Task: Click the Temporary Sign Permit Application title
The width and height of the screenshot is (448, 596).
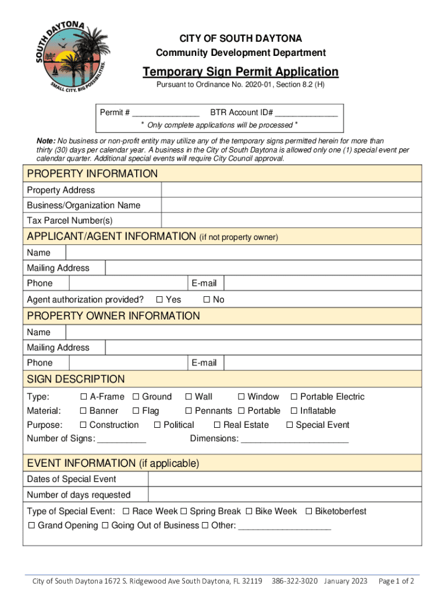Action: pyautogui.click(x=240, y=72)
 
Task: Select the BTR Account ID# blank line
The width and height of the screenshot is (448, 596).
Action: pyautogui.click(x=306, y=113)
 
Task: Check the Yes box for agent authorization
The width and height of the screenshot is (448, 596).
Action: pyautogui.click(x=159, y=300)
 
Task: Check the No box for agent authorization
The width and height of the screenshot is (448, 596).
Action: pyautogui.click(x=206, y=300)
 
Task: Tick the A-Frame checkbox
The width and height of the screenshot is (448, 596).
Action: pyautogui.click(x=83, y=397)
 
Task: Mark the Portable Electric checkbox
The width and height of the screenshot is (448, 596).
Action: pyautogui.click(x=294, y=397)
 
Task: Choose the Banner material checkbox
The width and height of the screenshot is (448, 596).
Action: pyautogui.click(x=83, y=411)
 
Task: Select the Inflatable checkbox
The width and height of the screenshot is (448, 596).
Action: pyautogui.click(x=294, y=411)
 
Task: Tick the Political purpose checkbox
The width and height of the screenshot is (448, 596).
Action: pyautogui.click(x=157, y=425)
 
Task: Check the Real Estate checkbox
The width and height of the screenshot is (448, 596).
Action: pyautogui.click(x=217, y=425)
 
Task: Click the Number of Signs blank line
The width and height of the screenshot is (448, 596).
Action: pyautogui.click(x=122, y=439)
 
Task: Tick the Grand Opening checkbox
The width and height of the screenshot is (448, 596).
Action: pyautogui.click(x=32, y=526)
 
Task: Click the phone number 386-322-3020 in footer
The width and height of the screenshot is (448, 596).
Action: pyautogui.click(x=294, y=581)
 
